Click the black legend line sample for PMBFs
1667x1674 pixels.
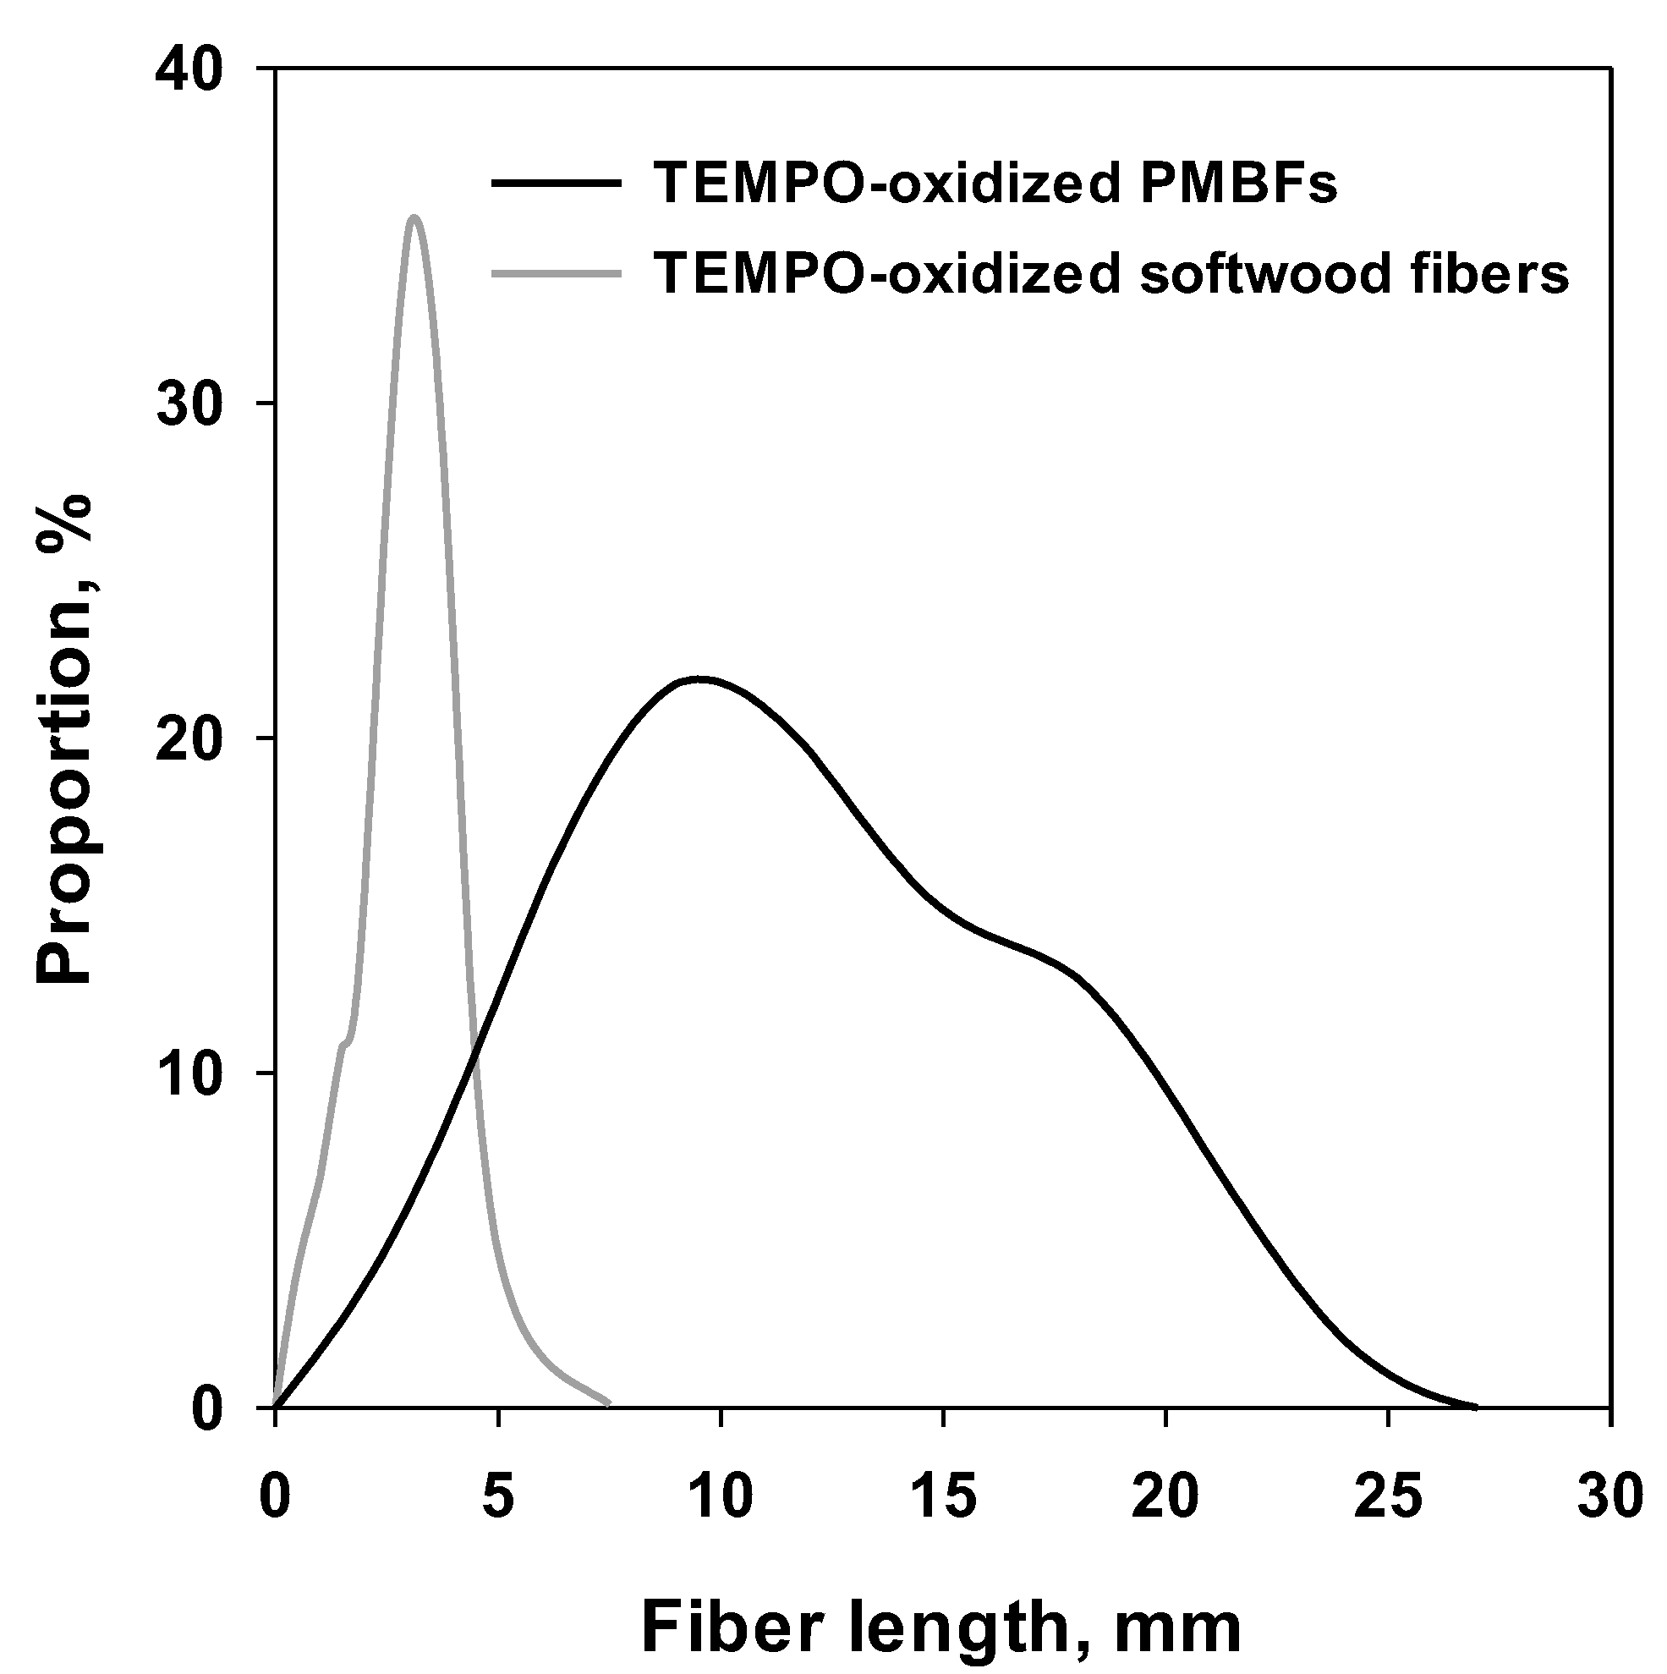[x=557, y=183]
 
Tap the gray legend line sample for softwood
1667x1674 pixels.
[x=557, y=274]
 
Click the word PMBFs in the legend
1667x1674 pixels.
[x=1238, y=183]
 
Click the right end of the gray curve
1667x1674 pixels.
[x=609, y=1402]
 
